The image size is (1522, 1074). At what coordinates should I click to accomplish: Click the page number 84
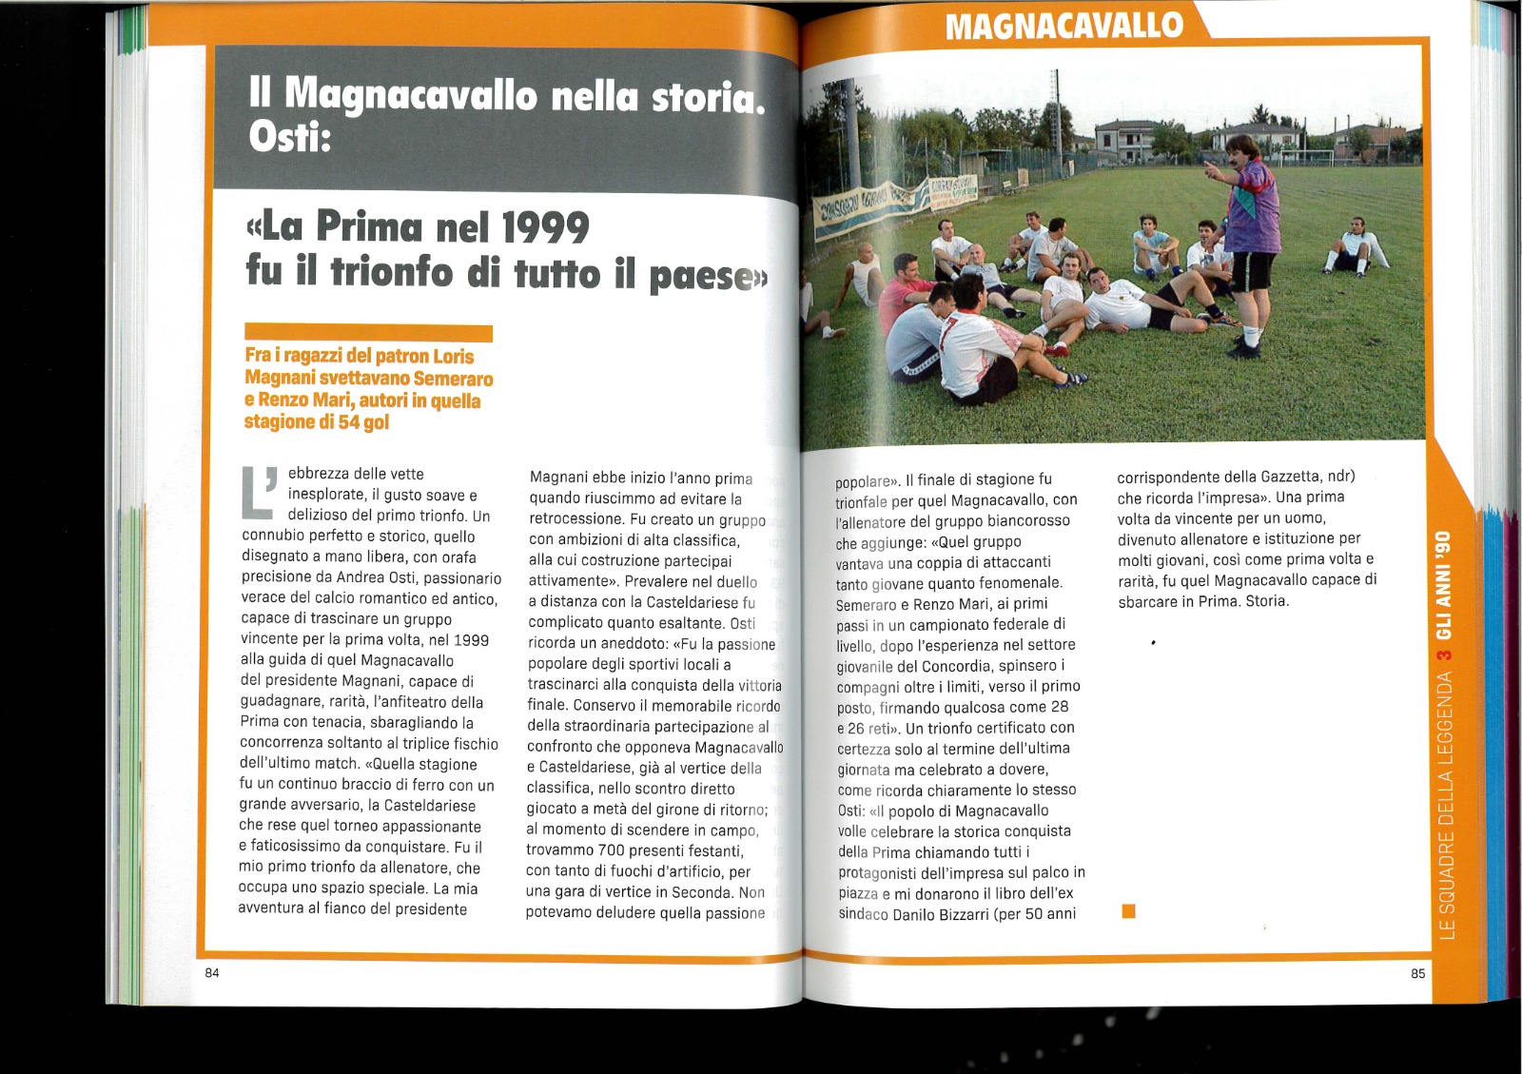click(x=211, y=972)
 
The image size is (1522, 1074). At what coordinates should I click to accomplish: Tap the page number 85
click(x=1417, y=973)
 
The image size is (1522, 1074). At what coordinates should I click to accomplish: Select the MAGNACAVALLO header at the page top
click(x=1063, y=25)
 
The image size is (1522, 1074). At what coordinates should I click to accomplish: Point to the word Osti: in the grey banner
click(x=289, y=138)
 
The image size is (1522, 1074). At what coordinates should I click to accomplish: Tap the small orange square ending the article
click(x=1129, y=911)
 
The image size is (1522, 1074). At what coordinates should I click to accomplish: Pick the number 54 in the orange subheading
click(x=348, y=422)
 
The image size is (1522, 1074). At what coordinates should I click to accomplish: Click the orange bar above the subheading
click(x=368, y=332)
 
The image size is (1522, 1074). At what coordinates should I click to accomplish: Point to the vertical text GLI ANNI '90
click(x=1444, y=584)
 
